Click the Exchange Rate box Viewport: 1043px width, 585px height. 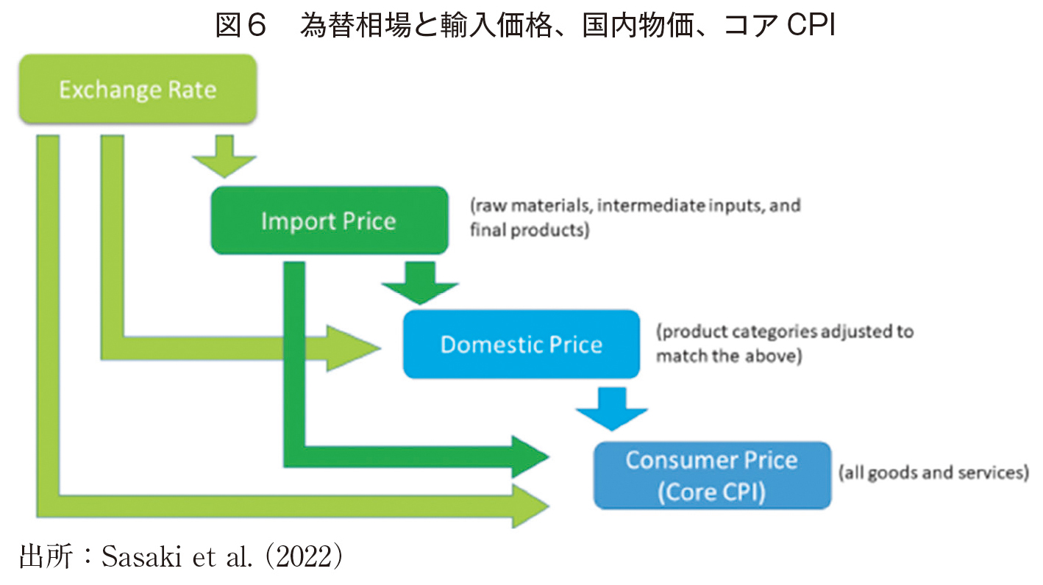[x=138, y=89]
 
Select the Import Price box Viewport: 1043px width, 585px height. [x=330, y=220]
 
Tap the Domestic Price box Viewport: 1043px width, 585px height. [x=521, y=345]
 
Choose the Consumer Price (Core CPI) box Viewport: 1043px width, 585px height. [x=713, y=475]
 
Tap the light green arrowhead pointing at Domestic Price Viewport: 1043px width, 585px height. [x=353, y=348]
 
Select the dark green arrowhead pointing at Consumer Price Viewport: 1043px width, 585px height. [x=530, y=457]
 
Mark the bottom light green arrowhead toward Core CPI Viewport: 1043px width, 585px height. [x=530, y=506]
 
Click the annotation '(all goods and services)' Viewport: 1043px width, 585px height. [x=933, y=473]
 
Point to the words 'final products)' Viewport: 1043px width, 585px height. [x=530, y=230]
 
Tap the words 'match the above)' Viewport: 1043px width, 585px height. [x=729, y=356]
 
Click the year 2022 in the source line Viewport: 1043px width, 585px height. [x=305, y=556]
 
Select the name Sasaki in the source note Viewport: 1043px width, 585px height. [x=141, y=556]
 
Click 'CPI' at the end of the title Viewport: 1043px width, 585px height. [x=811, y=25]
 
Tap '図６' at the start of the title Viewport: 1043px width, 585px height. [x=241, y=25]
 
